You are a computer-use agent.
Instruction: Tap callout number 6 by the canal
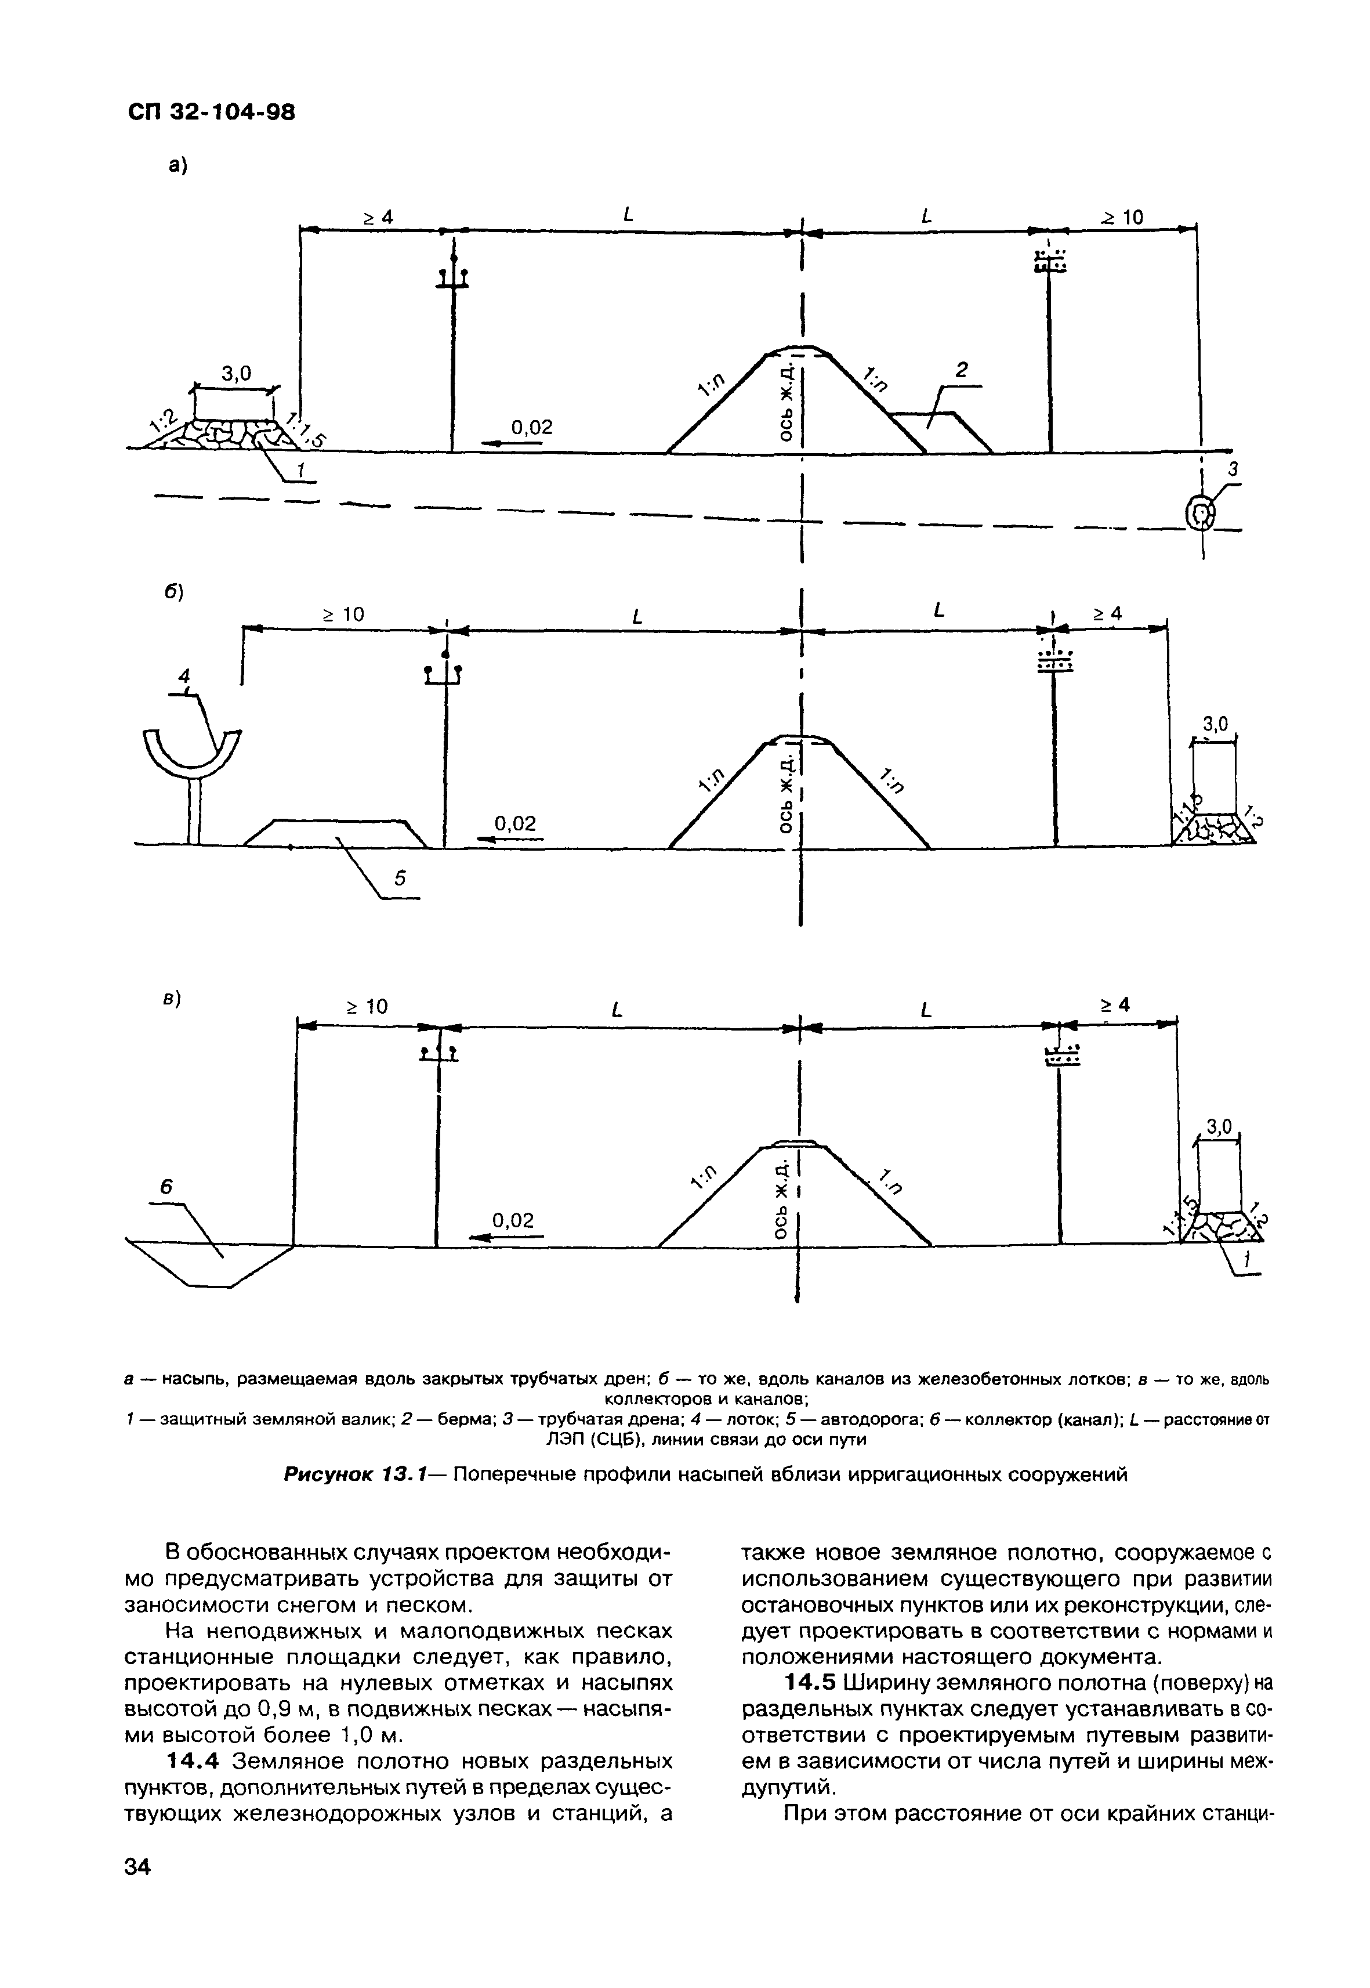[x=166, y=1187]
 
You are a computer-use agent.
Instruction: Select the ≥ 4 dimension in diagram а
[x=375, y=218]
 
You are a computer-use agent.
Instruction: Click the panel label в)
[x=172, y=1000]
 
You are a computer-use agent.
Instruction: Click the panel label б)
[x=175, y=592]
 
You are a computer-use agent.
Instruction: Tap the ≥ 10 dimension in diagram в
[x=367, y=1006]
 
